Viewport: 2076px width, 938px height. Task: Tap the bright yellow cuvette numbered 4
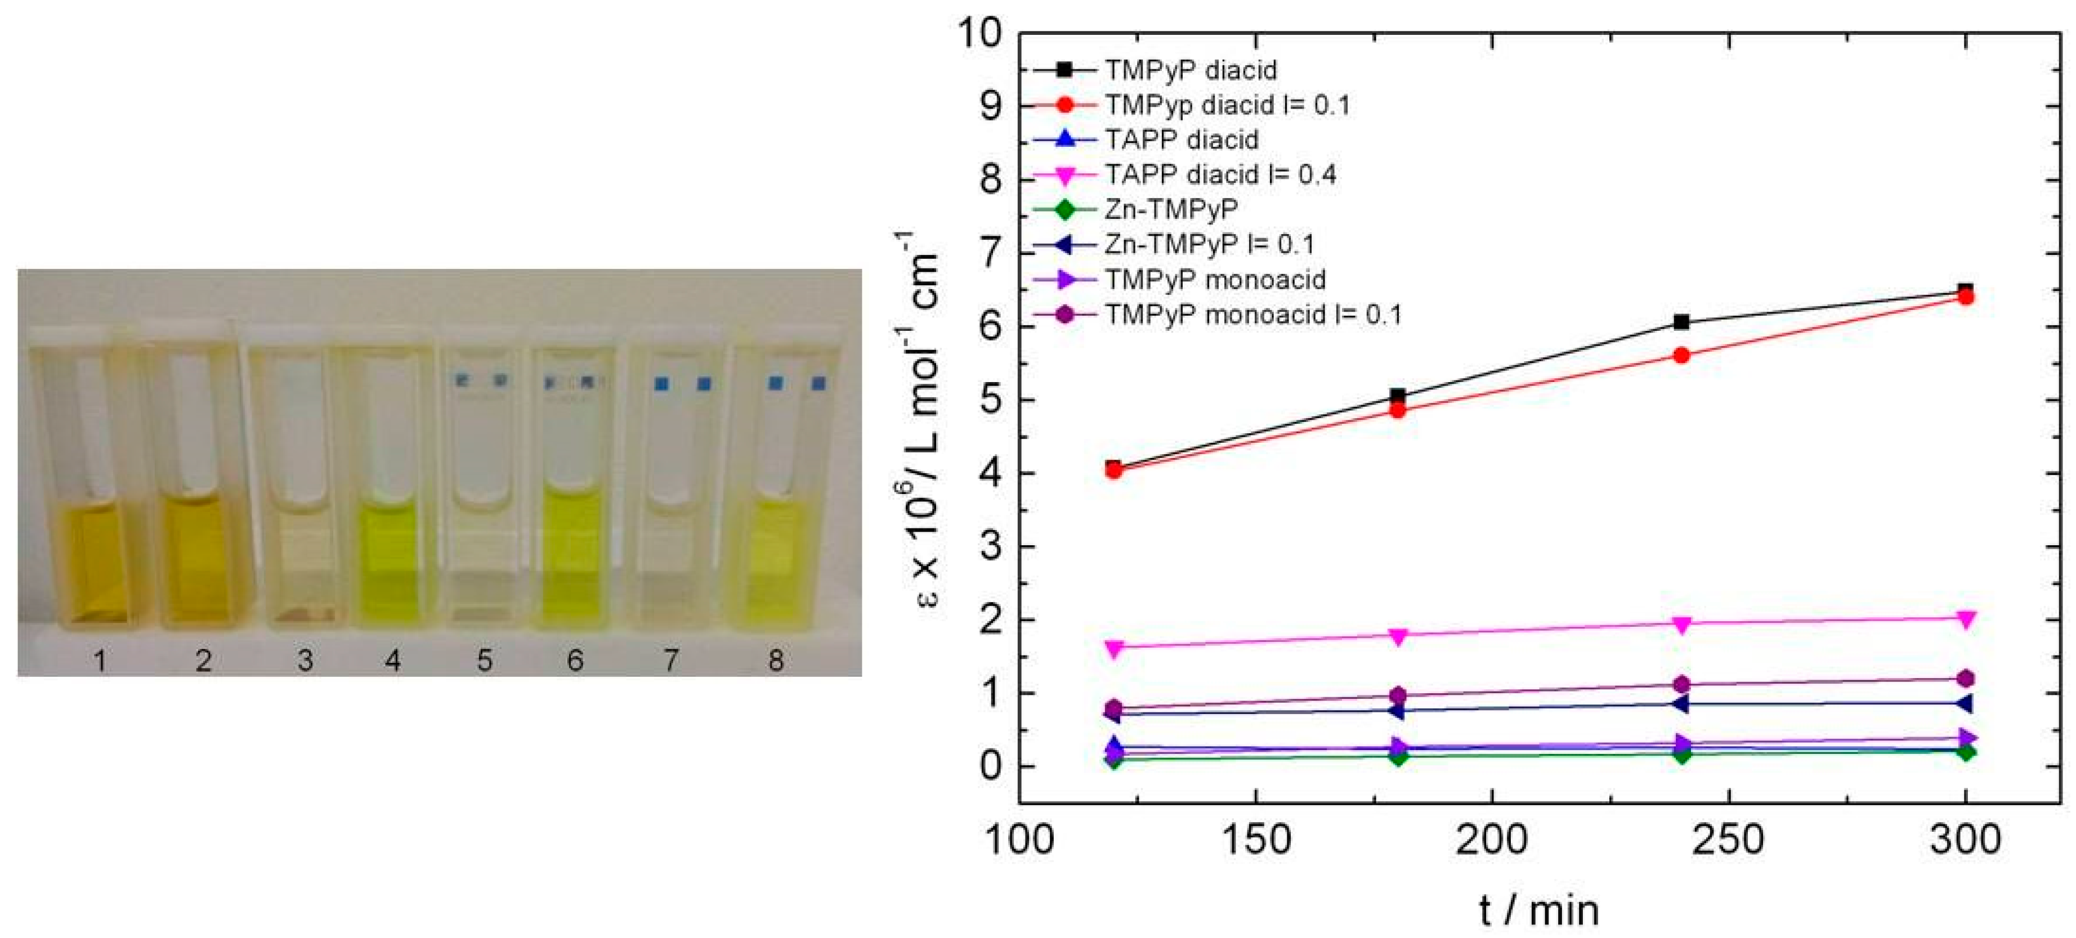390,483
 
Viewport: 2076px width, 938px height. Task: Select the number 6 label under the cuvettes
575,661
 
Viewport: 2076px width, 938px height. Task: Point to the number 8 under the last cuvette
775,661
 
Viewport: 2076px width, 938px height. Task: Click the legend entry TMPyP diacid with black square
1189,70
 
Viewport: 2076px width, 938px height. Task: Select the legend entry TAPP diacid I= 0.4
1219,174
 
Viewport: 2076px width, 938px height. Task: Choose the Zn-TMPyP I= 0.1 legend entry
1209,244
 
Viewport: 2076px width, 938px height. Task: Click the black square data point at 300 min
1965,291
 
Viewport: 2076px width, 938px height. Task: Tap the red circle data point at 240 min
1681,356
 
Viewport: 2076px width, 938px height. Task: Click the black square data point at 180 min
1398,396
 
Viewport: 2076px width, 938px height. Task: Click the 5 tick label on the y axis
991,401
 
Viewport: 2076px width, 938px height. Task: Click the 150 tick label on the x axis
1256,839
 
